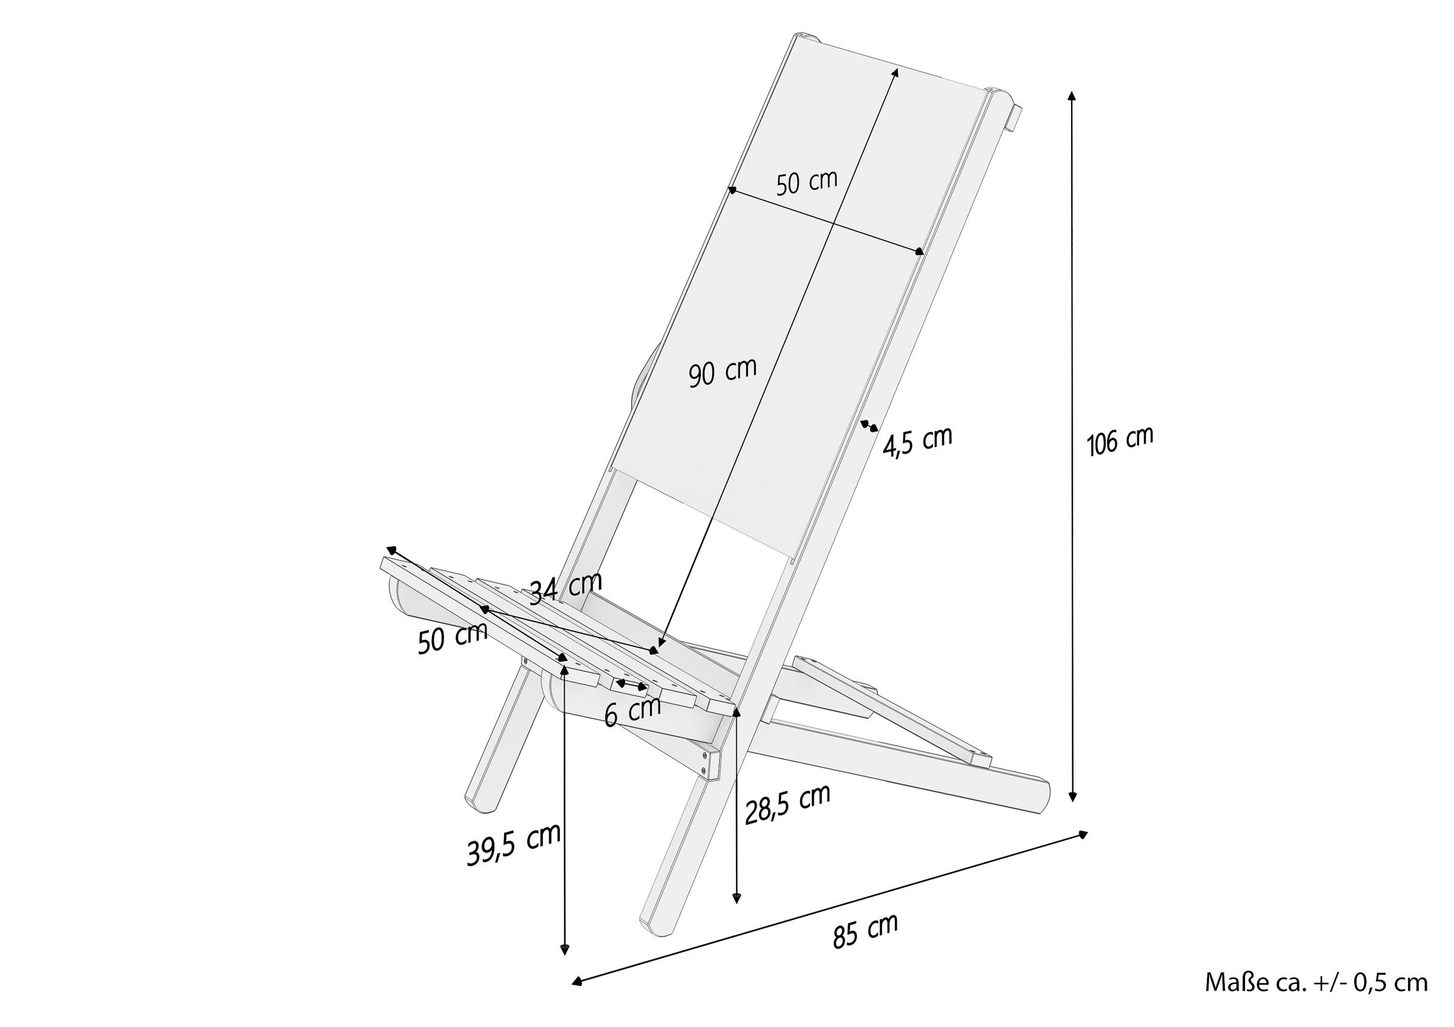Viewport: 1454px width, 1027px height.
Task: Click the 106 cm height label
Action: (1120, 441)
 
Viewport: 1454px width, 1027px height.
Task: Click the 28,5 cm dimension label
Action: (787, 804)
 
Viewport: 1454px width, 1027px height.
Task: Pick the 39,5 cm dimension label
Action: (514, 844)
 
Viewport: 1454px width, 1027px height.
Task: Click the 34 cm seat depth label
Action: (565, 588)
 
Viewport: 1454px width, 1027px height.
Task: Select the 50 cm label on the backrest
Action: (807, 182)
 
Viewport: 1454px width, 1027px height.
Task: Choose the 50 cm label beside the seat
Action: (452, 637)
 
